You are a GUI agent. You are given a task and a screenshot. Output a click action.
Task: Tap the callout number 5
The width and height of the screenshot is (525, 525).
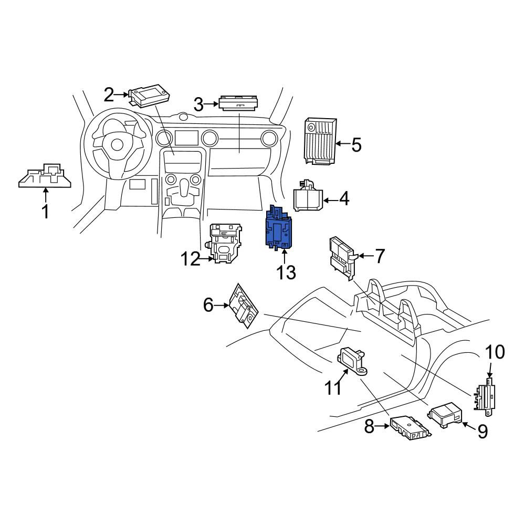pyautogui.click(x=356, y=145)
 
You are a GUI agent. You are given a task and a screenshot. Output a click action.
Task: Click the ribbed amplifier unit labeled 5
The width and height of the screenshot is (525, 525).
pyautogui.click(x=319, y=141)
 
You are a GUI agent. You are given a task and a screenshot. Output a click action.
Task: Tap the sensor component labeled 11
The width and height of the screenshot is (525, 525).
pyautogui.click(x=352, y=361)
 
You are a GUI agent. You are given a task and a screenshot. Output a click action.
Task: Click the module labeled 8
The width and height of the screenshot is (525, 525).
pyautogui.click(x=411, y=426)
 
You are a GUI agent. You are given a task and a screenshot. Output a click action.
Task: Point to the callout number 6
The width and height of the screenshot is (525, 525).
pyautogui.click(x=208, y=305)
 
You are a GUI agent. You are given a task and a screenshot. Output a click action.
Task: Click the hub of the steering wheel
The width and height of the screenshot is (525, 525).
pyautogui.click(x=117, y=145)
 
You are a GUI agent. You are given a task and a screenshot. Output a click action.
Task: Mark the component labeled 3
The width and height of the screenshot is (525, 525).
pyautogui.click(x=239, y=103)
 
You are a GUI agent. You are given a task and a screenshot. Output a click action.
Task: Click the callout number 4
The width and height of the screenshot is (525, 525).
pyautogui.click(x=344, y=199)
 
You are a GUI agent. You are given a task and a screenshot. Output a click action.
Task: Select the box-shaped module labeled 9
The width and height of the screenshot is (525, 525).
pyautogui.click(x=445, y=415)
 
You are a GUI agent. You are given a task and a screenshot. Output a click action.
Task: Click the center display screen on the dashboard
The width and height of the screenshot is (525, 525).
pyautogui.click(x=186, y=138)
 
